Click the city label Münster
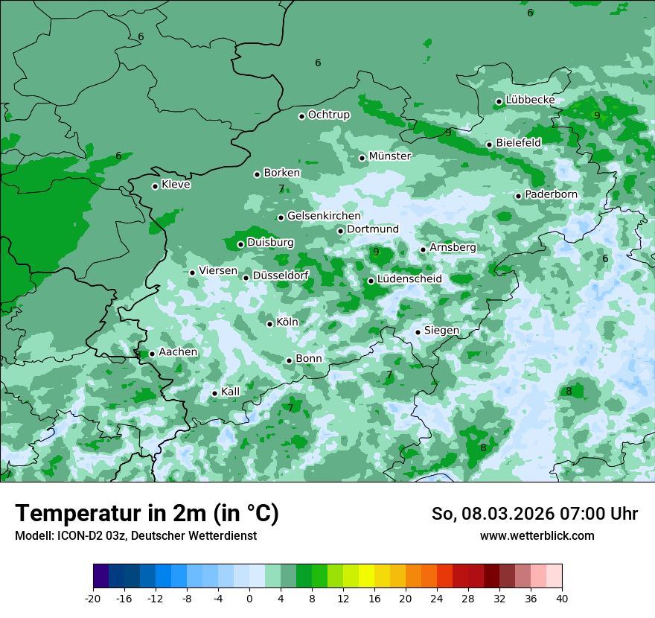(x=390, y=156)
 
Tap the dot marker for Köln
(x=270, y=324)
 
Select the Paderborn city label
(x=551, y=194)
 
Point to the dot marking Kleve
(x=155, y=186)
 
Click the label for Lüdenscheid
(x=409, y=279)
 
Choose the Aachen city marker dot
(x=152, y=354)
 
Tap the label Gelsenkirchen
(x=324, y=216)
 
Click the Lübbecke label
(x=530, y=100)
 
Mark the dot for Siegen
(x=418, y=332)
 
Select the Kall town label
(x=231, y=392)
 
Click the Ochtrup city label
(x=328, y=115)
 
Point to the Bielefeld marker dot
(x=489, y=144)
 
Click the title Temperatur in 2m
(x=147, y=514)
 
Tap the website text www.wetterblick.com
(x=537, y=536)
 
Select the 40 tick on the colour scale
(x=561, y=598)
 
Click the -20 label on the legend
(x=93, y=598)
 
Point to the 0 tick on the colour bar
(x=249, y=598)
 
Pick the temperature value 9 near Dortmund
(x=376, y=252)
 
